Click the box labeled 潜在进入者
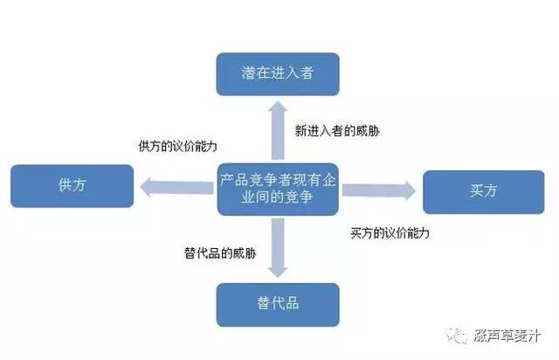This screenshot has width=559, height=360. [278, 74]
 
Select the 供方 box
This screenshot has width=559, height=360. [72, 186]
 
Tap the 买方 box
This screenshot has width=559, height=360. [484, 192]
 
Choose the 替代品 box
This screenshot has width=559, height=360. [278, 305]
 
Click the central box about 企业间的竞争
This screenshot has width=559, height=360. [278, 189]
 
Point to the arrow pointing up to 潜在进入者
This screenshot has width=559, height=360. [278, 130]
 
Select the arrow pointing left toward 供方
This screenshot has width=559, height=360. [176, 187]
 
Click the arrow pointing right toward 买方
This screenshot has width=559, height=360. [379, 190]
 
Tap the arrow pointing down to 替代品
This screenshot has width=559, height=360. [278, 248]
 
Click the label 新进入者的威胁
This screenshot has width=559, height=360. [337, 131]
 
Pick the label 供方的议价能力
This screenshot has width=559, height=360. [177, 146]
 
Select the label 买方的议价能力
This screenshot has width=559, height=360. [390, 233]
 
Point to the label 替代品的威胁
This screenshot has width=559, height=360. [220, 253]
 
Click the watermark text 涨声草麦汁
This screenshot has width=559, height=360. [507, 336]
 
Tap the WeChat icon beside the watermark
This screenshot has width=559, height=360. [458, 336]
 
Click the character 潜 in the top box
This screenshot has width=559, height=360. [248, 73]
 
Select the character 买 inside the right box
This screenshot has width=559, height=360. [476, 190]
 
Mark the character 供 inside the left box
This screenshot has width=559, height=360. [65, 185]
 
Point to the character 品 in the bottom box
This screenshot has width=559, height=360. [292, 303]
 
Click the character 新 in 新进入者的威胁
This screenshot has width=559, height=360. [300, 131]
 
